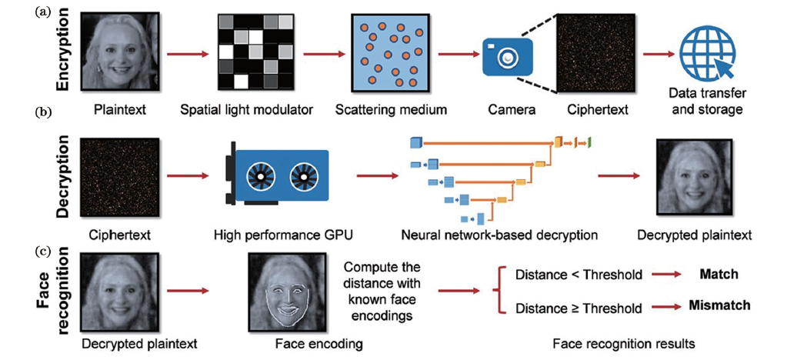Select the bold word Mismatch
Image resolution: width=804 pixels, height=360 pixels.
(720, 305)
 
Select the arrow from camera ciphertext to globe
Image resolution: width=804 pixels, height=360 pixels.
(656, 55)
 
